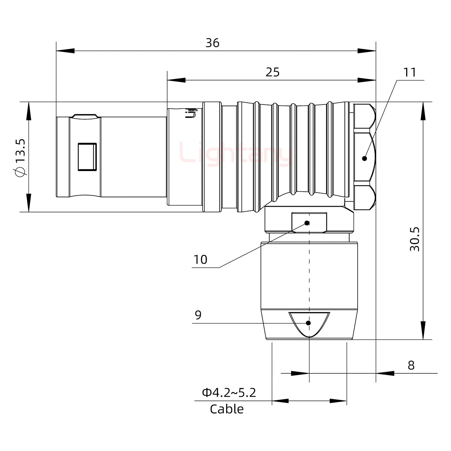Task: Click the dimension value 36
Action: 212,43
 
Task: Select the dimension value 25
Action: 272,72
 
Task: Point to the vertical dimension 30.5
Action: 415,239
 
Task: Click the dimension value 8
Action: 411,365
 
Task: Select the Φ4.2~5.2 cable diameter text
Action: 229,392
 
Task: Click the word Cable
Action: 227,409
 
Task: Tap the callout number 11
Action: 410,72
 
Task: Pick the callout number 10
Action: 200,260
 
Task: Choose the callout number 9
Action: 198,315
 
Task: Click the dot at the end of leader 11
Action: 364,158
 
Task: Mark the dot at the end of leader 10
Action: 307,223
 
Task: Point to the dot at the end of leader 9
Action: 308,323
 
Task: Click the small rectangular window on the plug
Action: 87,157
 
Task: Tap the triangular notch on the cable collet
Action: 309,323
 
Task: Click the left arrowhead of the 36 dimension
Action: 65,51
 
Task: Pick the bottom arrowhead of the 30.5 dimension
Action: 423,330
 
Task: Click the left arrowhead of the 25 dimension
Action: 176,80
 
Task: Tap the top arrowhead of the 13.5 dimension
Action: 29,111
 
